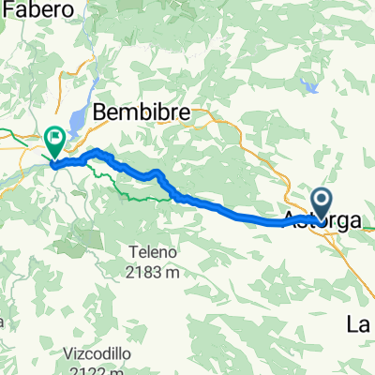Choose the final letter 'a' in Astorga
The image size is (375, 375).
click(x=359, y=221)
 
